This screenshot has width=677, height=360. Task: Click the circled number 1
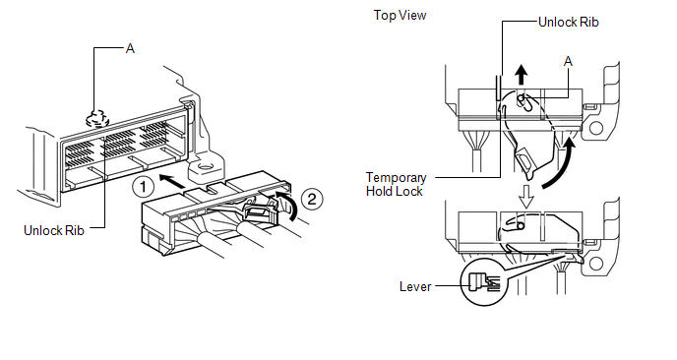pos(143,188)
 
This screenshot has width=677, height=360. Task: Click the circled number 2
pos(312,199)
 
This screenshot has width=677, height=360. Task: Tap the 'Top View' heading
pos(400,16)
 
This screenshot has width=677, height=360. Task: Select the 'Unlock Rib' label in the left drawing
pos(54,230)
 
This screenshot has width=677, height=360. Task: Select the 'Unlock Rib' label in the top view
pos(569,22)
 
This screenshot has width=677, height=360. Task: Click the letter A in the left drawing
pos(130,49)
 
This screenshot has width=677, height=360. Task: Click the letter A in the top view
pos(568,62)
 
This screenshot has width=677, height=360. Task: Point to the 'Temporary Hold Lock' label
pos(396,184)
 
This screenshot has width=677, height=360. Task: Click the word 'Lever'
pos(415,286)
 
